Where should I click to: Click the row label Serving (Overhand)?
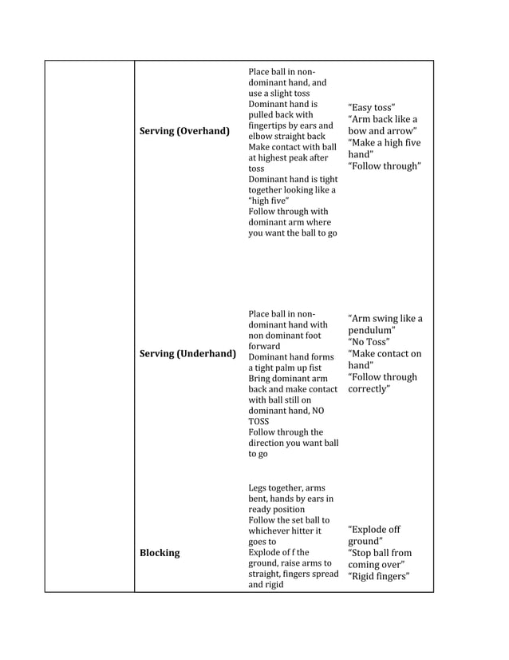pyautogui.click(x=184, y=130)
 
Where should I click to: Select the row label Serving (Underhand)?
pyautogui.click(x=187, y=353)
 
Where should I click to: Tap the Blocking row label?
pyautogui.click(x=160, y=553)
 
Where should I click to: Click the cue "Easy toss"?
pyautogui.click(x=371, y=108)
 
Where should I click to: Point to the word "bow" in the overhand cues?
pyautogui.click(x=357, y=131)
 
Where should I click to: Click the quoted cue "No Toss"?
pyautogui.click(x=369, y=342)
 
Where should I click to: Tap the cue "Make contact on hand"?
pyautogui.click(x=384, y=360)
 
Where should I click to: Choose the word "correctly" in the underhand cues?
pyautogui.click(x=368, y=389)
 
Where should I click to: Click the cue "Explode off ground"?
pyautogui.click(x=374, y=535)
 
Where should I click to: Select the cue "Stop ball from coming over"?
pyautogui.click(x=379, y=559)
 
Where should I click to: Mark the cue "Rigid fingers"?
pyautogui.click(x=378, y=576)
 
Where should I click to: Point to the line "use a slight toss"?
pyautogui.click(x=278, y=93)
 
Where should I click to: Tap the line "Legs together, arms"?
pyautogui.click(x=286, y=487)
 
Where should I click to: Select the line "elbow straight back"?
pyautogui.click(x=286, y=137)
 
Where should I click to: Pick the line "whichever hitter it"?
pyautogui.click(x=285, y=531)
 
